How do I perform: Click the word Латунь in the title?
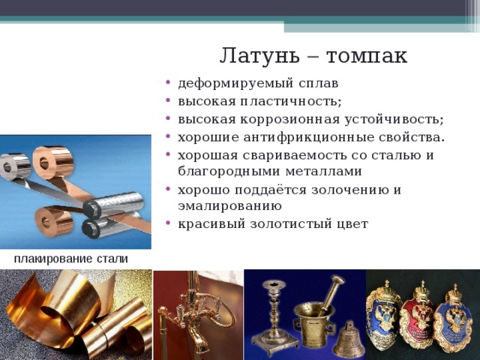[259, 55]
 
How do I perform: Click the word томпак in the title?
[367, 56]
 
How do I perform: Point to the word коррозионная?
[290, 119]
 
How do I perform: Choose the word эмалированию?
[229, 206]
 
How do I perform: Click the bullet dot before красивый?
[167, 223]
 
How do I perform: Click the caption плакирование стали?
[71, 259]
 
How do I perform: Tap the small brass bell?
[349, 340]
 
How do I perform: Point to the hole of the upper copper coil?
[44, 163]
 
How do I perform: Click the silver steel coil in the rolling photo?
[15, 166]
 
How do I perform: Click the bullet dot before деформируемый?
[167, 82]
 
